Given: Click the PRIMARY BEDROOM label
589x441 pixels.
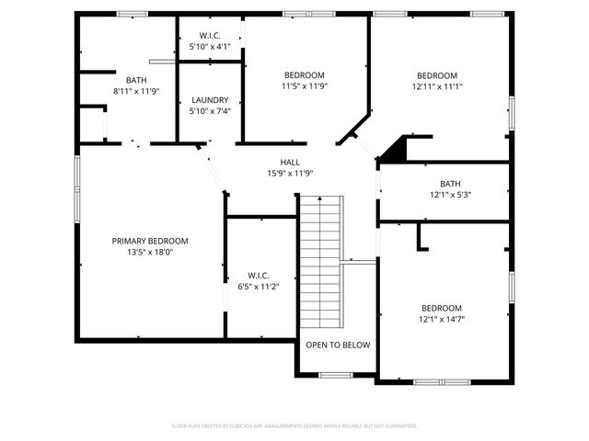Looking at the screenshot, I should click(x=150, y=241).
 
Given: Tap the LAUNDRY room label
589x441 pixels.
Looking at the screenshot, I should click(x=210, y=100).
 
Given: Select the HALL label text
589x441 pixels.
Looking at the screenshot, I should click(x=291, y=162).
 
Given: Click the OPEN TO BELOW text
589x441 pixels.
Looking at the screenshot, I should click(x=338, y=345).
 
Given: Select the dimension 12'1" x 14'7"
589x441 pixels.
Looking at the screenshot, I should click(x=442, y=320).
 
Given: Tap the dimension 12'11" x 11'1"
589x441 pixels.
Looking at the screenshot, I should click(x=436, y=87).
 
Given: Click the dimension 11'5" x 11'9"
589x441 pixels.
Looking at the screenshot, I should click(x=304, y=86).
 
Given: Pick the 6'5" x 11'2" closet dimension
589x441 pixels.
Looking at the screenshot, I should click(x=259, y=287).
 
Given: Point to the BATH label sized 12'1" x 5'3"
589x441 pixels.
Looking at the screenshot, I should click(x=450, y=184).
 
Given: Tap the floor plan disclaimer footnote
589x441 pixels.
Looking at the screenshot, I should click(x=294, y=426).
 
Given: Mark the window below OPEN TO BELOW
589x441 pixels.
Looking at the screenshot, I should click(x=336, y=375).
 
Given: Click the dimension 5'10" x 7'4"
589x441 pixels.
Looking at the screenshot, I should click(x=210, y=111).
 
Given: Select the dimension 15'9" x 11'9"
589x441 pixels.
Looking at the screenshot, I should click(x=291, y=173).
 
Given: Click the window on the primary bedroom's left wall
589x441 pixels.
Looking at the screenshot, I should click(x=77, y=188).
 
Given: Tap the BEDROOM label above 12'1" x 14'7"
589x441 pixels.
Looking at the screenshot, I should click(x=442, y=309).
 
